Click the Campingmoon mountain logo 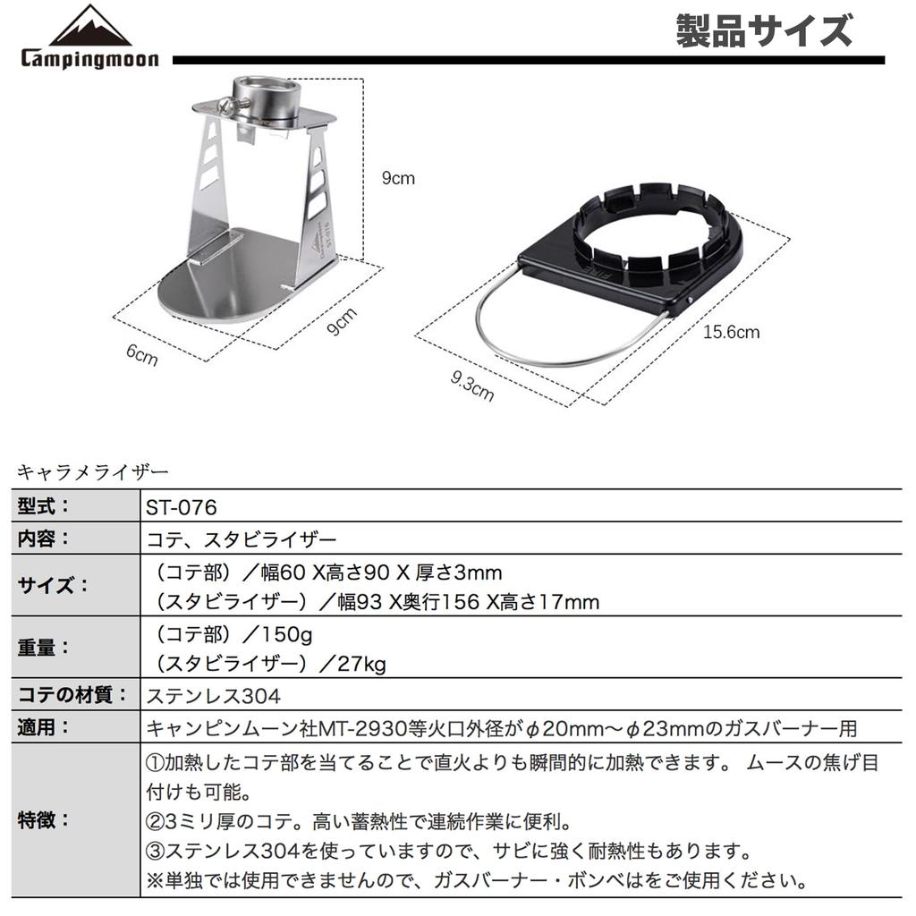click(89, 26)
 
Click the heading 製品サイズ click(763, 31)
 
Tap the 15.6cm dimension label click(731, 333)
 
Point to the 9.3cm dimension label click(472, 386)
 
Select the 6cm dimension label click(141, 355)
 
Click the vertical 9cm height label click(398, 178)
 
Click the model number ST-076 click(181, 507)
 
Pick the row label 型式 click(44, 507)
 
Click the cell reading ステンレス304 click(213, 695)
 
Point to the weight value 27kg click(362, 664)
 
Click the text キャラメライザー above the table click(92, 470)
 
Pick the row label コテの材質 click(68, 695)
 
